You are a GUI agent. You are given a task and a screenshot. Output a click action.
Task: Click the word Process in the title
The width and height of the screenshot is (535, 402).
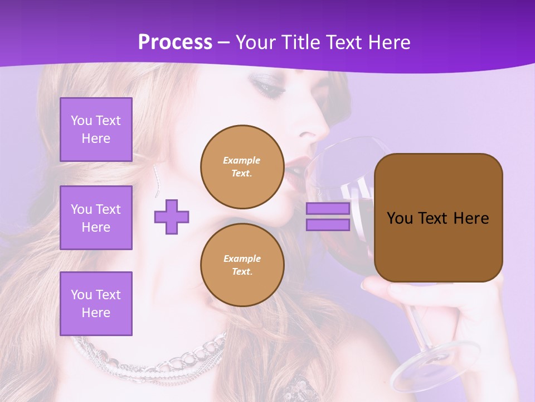175,42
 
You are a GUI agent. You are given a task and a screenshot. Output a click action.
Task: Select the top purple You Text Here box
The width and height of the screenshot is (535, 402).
96,130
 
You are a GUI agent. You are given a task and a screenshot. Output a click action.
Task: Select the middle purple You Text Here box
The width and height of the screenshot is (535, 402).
96,218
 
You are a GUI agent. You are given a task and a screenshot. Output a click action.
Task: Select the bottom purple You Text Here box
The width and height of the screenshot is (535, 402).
96,303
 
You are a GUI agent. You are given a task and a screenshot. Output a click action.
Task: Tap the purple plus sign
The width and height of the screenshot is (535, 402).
172,217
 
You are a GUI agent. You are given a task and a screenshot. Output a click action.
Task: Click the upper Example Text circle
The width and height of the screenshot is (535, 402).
242,167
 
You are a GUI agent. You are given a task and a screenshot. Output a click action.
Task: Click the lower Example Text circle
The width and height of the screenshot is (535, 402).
242,265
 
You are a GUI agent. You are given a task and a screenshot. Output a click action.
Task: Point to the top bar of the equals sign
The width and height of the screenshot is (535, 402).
328,209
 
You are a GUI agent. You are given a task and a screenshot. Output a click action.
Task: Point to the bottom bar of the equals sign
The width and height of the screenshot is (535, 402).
328,224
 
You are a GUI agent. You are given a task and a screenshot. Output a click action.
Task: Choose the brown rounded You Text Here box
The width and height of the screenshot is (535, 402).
438,218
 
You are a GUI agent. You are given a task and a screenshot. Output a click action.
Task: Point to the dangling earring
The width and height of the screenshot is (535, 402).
157,179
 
